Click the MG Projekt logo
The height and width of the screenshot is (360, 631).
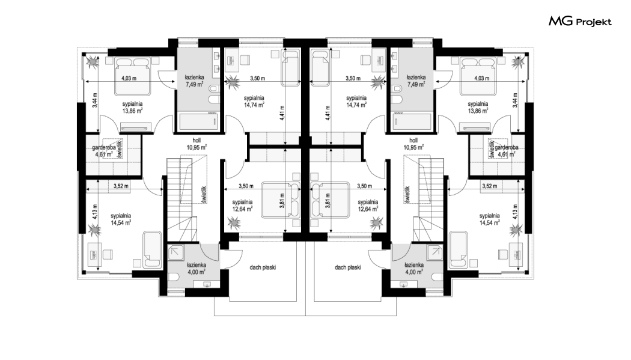(x=580, y=21)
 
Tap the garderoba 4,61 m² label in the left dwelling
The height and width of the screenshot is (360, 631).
(x=104, y=151)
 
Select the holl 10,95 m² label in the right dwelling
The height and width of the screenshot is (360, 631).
(x=413, y=144)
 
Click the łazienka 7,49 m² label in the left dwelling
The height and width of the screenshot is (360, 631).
(x=194, y=81)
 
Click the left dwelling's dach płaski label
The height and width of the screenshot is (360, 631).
(x=263, y=267)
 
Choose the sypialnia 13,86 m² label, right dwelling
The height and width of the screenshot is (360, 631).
(x=478, y=108)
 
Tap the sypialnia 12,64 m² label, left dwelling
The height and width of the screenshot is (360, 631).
(x=242, y=206)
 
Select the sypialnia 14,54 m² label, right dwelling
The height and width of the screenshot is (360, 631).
(x=489, y=219)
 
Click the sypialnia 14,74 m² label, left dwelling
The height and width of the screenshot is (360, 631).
(x=254, y=102)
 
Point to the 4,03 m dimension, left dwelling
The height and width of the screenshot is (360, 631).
(x=129, y=79)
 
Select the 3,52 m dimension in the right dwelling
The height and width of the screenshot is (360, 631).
(x=489, y=186)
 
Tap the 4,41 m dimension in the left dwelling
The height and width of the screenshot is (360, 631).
(x=282, y=113)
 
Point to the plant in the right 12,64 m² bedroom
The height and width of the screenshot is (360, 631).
(x=377, y=222)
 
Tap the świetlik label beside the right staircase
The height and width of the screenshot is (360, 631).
(x=407, y=194)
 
